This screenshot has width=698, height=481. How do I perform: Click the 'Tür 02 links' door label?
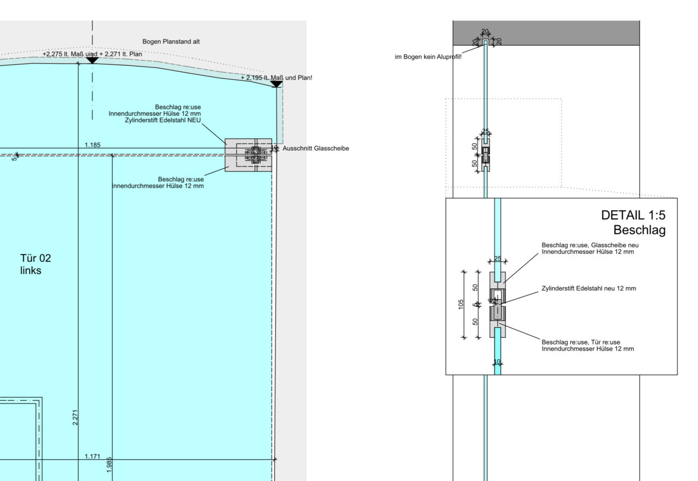35,264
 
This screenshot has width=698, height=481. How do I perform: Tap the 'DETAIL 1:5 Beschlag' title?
633,223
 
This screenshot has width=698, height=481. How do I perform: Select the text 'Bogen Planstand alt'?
171,41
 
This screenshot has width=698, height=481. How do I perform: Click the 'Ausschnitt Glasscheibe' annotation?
316,149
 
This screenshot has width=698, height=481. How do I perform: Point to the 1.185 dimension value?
92,145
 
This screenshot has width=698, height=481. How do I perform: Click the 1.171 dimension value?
92,456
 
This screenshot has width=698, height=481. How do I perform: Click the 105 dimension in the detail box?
461,304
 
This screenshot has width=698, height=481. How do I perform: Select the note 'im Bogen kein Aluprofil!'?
428,57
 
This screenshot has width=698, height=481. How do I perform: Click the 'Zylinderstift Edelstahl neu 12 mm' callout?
588,288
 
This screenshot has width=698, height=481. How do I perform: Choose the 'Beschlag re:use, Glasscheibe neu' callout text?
589,245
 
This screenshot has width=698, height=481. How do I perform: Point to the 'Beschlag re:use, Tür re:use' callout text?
587,342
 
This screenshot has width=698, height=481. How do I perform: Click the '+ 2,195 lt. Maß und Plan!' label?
276,78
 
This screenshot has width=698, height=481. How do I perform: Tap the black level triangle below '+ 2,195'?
276,84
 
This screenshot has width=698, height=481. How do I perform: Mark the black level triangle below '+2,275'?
92,60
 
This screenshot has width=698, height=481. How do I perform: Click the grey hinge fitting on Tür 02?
248,155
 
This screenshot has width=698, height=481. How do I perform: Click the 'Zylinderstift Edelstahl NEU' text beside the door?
163,120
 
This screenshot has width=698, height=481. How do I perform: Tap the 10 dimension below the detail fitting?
497,361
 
